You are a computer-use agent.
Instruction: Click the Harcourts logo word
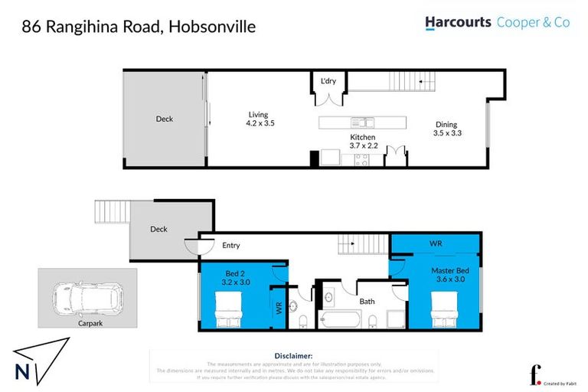[x=458, y=23]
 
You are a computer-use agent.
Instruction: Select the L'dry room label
[x=328, y=81]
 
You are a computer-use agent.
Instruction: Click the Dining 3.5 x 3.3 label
[x=446, y=129]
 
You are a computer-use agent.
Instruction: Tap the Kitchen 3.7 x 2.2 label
[x=363, y=141]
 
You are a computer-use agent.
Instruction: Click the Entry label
[x=230, y=246]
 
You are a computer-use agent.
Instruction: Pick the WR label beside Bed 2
[x=278, y=309]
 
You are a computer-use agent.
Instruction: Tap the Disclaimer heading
[x=293, y=356]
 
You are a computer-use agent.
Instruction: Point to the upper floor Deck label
[x=165, y=119]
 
